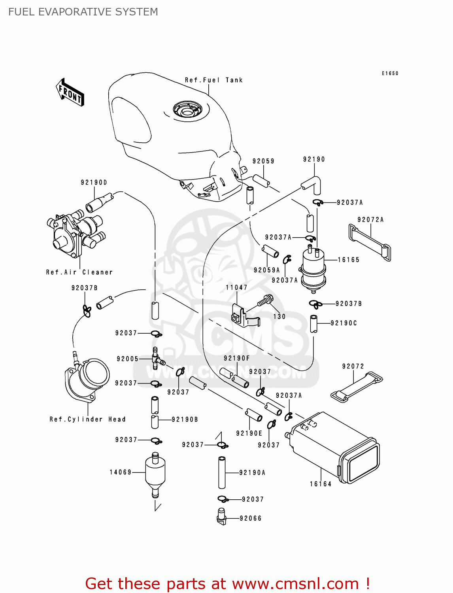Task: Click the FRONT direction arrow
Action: (x=70, y=93)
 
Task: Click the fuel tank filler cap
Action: (x=187, y=110)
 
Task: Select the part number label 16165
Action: (x=348, y=260)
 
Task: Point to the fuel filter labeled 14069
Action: (x=155, y=474)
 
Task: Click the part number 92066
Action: (x=250, y=518)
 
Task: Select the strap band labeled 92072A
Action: (x=370, y=242)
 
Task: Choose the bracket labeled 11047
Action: (x=242, y=315)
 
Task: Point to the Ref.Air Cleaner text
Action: (x=79, y=272)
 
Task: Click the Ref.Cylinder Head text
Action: (x=87, y=419)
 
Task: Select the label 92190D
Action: (x=94, y=182)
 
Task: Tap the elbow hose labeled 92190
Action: (x=312, y=184)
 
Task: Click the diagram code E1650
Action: (x=390, y=73)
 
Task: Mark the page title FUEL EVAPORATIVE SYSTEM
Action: (x=83, y=12)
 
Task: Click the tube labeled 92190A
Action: (x=222, y=473)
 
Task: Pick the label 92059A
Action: (x=266, y=270)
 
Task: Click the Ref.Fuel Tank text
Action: (x=213, y=80)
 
